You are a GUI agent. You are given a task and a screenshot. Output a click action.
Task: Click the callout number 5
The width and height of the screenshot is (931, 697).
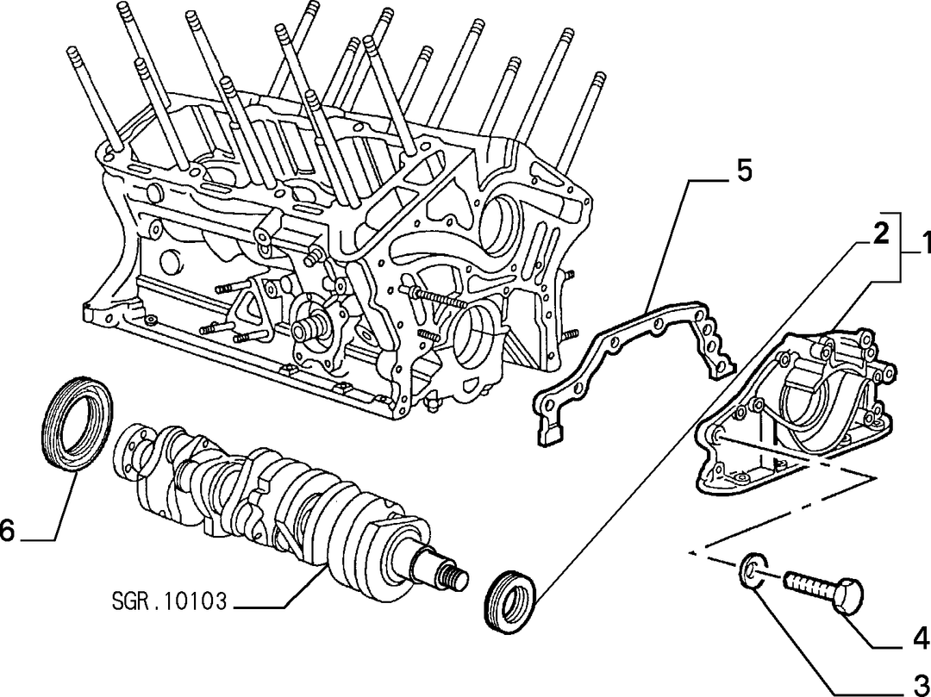point(743,171)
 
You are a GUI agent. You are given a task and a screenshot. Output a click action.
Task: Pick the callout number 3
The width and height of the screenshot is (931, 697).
point(921,683)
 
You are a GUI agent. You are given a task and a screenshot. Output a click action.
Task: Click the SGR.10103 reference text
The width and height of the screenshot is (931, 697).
point(169,601)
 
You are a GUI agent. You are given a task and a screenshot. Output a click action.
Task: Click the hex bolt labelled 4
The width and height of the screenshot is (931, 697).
point(822,588)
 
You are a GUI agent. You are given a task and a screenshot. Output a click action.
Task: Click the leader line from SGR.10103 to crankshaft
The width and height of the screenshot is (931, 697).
point(279,587)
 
